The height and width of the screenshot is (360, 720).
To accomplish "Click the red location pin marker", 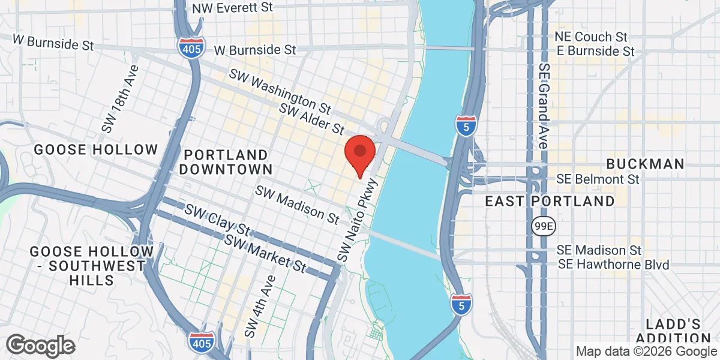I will pos(359,151).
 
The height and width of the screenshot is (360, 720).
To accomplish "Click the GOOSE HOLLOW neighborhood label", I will pos(96,149).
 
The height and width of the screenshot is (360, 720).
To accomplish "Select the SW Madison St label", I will pos(297,204).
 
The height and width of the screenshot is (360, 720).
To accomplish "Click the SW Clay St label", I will pos(217,220).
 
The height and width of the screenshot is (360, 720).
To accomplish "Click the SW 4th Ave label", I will pos(259,305).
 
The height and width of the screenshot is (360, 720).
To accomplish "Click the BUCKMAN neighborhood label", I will pos(645,164).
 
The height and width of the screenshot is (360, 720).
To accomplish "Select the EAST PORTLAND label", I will pos(550,201).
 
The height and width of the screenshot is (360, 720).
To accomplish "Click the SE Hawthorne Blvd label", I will pos(613,264).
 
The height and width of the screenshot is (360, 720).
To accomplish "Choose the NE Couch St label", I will pos(591,37).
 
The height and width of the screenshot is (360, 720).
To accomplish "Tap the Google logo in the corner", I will pos(40,346).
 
